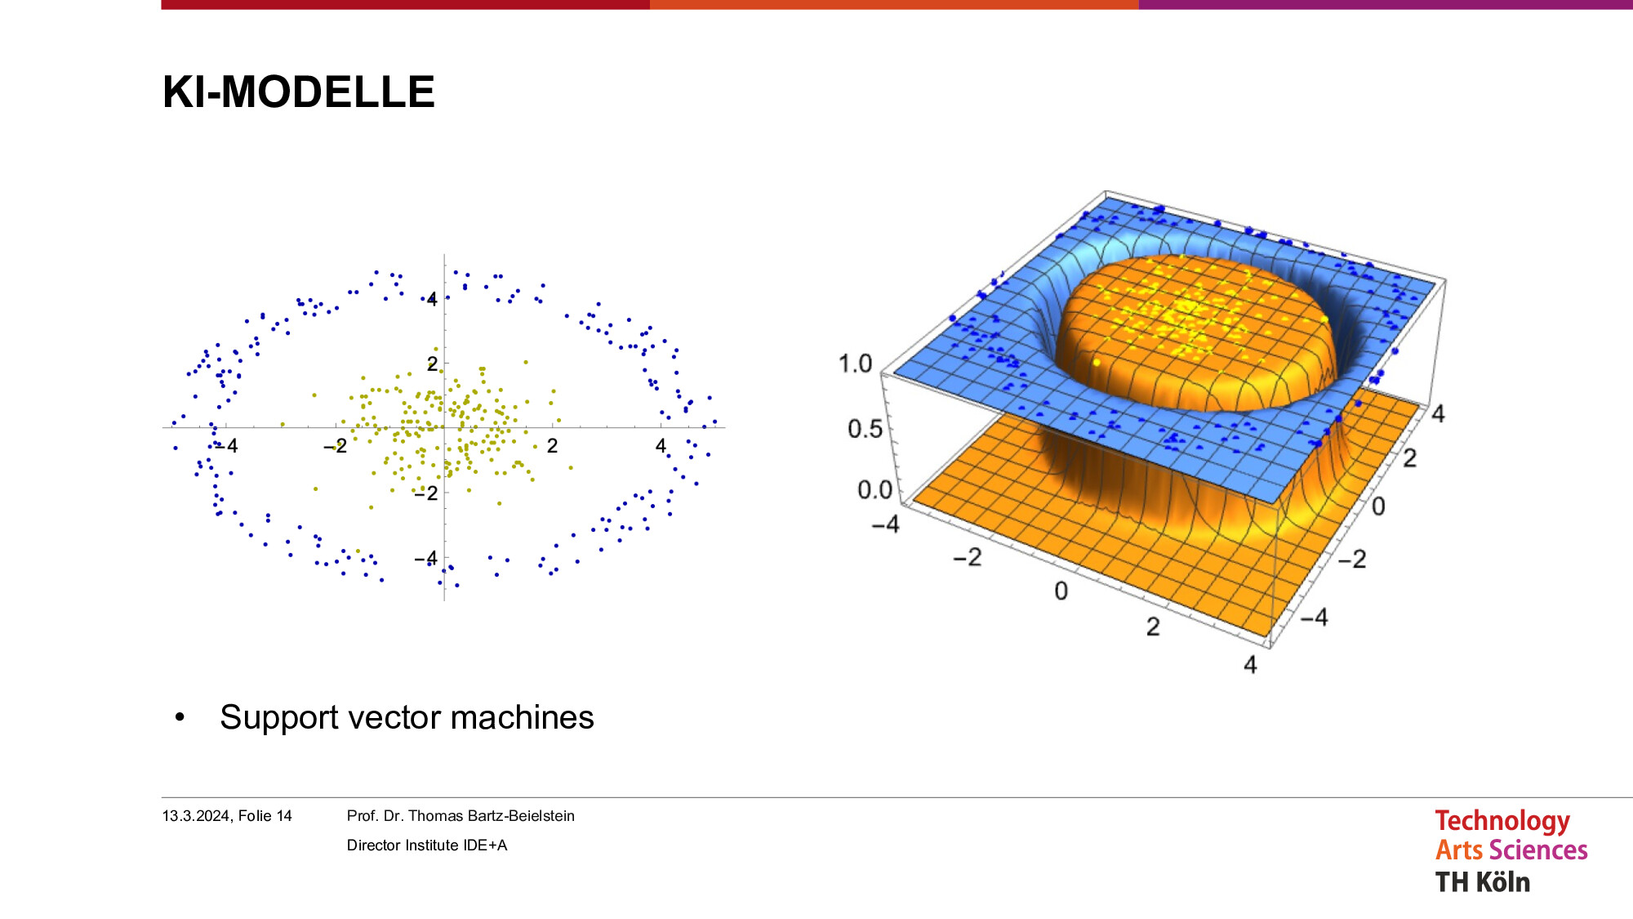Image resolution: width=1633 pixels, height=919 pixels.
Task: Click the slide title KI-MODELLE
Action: pos(299,91)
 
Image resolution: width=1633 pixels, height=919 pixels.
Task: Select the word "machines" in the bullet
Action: pos(523,717)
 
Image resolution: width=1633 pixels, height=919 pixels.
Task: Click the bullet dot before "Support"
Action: pos(180,718)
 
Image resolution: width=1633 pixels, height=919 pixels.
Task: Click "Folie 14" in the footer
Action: pos(265,816)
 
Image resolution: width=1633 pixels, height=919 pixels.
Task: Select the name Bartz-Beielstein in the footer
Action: pos(521,816)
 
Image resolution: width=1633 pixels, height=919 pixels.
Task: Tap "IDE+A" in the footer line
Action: pos(485,845)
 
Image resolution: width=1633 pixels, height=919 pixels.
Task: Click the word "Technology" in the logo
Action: pos(1502,821)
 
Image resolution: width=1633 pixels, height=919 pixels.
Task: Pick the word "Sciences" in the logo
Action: pos(1538,850)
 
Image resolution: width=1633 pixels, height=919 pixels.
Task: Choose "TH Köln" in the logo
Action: pos(1483,882)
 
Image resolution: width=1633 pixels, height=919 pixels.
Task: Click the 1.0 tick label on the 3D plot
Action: pos(856,364)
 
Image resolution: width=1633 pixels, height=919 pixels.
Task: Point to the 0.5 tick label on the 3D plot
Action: pos(865,429)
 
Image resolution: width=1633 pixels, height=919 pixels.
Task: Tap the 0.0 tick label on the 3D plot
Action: pos(874,490)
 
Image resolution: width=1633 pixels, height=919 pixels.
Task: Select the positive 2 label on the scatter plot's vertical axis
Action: pos(432,363)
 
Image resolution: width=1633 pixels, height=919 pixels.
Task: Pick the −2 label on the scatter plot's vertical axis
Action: pos(425,493)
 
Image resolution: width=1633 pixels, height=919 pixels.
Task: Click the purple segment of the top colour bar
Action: pos(1386,4)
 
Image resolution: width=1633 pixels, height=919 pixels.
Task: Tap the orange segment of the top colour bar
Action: pos(894,4)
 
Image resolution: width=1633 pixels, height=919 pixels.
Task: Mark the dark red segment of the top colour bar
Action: pos(406,4)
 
